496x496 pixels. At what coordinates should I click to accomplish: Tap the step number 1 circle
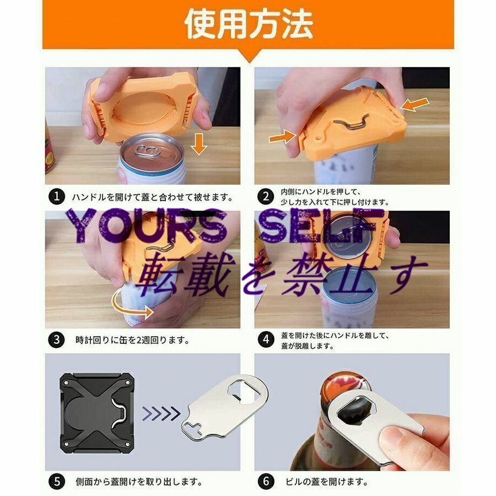(55, 196)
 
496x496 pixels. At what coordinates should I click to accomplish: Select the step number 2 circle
(266, 196)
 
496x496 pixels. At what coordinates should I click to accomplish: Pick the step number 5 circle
(55, 481)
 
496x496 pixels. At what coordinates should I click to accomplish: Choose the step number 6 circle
(266, 481)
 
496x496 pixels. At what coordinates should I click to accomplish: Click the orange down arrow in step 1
(200, 147)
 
